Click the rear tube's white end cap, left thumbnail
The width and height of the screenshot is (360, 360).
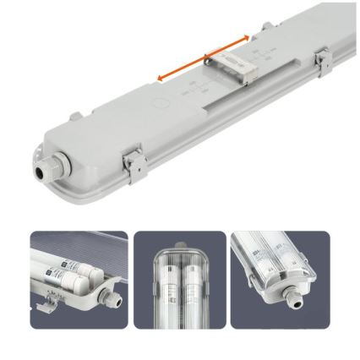pyautogui.click(x=61, y=268)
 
